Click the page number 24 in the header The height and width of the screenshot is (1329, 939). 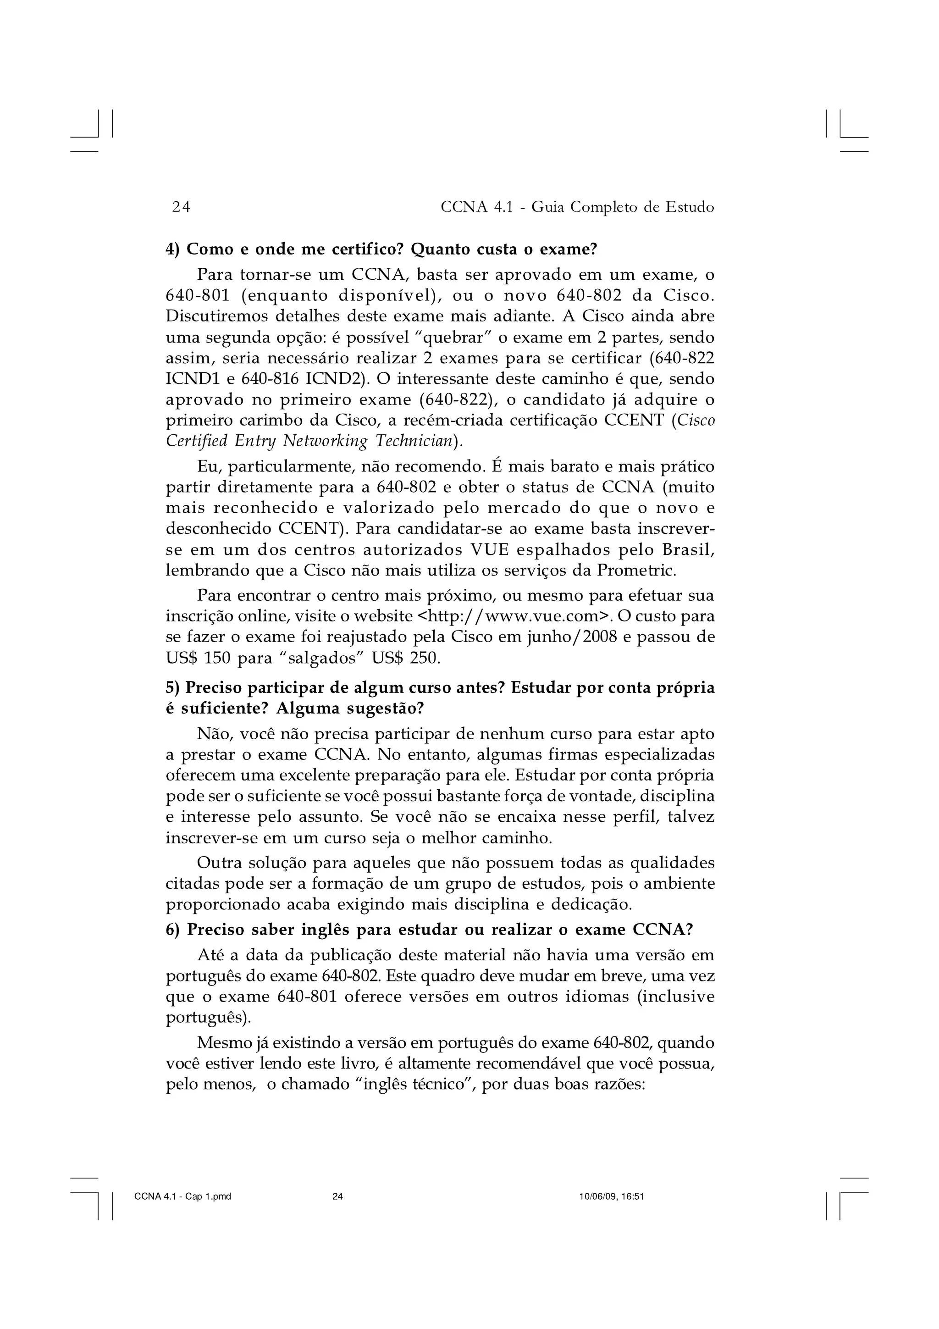(181, 207)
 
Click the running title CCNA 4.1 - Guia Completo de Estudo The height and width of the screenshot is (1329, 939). (577, 207)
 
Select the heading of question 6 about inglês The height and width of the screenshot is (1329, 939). (429, 930)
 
